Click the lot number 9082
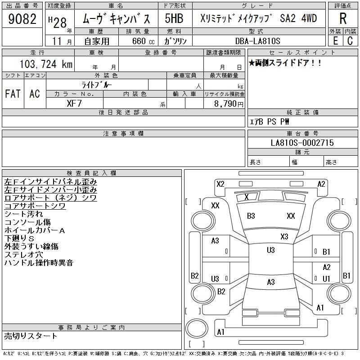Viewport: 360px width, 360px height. coord(22,19)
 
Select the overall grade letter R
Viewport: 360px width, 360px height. coord(343,18)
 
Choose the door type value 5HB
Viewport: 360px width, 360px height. coord(174,18)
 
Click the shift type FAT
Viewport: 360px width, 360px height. coord(13,94)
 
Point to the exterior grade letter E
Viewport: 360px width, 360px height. coord(336,41)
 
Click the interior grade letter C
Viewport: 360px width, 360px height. coord(350,41)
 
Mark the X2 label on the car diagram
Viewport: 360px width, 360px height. coord(220,184)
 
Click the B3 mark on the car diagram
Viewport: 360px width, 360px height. coord(251,216)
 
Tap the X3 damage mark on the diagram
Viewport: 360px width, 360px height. coord(284,237)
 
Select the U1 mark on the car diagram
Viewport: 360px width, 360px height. coord(327,279)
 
